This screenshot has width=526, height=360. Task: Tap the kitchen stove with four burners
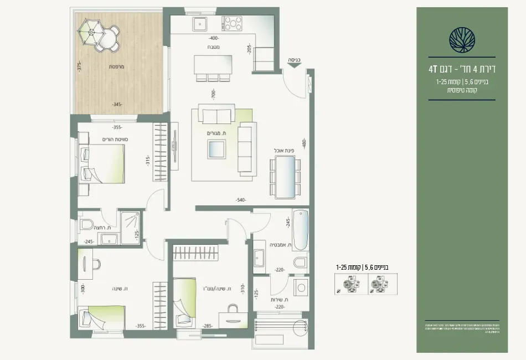coord(232,24)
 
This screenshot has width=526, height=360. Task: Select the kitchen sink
coord(199,24)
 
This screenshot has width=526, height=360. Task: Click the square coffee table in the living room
coord(216,149)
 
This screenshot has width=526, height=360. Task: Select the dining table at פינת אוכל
coord(285,176)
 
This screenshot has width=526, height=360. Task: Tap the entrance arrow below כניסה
coord(294,65)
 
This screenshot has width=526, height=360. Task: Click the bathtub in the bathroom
coord(300,230)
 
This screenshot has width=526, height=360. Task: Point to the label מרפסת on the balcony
coord(116,66)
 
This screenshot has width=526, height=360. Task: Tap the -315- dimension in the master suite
coord(148,161)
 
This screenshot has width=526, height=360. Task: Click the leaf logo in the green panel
coord(462,39)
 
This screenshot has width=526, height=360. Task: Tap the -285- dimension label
coord(208,326)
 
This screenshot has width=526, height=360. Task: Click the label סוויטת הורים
coord(115,139)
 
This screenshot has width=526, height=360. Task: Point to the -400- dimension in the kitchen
coord(214,39)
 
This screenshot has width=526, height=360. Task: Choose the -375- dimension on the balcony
coord(80,66)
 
